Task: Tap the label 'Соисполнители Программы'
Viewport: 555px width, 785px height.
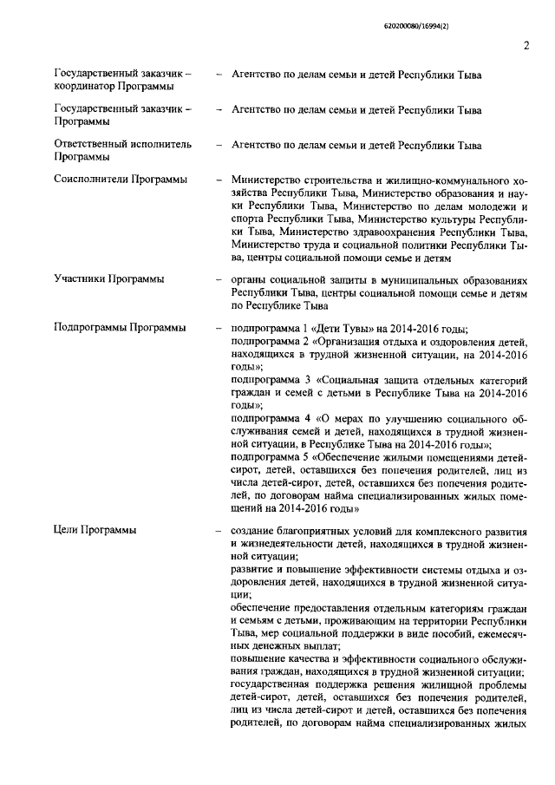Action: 121,180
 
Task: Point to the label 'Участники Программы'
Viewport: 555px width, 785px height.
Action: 110,279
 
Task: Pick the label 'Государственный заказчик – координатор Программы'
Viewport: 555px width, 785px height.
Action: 122,81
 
